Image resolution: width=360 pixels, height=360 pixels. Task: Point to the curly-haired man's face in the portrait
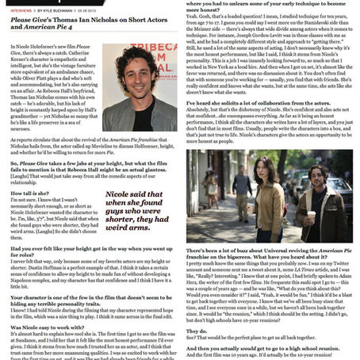pyautogui.click(x=141, y=64)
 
